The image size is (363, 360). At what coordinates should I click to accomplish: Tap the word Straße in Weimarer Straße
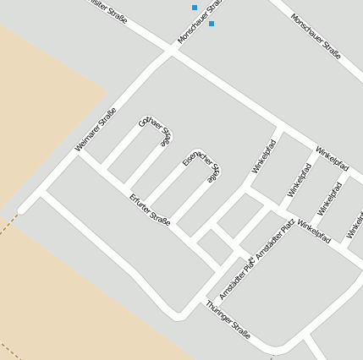click(x=107, y=117)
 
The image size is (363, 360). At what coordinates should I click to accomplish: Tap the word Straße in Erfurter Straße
click(x=160, y=219)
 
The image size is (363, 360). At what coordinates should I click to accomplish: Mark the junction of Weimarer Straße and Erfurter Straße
click(x=82, y=153)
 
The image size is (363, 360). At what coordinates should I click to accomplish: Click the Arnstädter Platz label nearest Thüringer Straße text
click(x=236, y=280)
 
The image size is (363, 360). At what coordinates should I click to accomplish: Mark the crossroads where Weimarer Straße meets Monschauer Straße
click(x=172, y=51)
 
